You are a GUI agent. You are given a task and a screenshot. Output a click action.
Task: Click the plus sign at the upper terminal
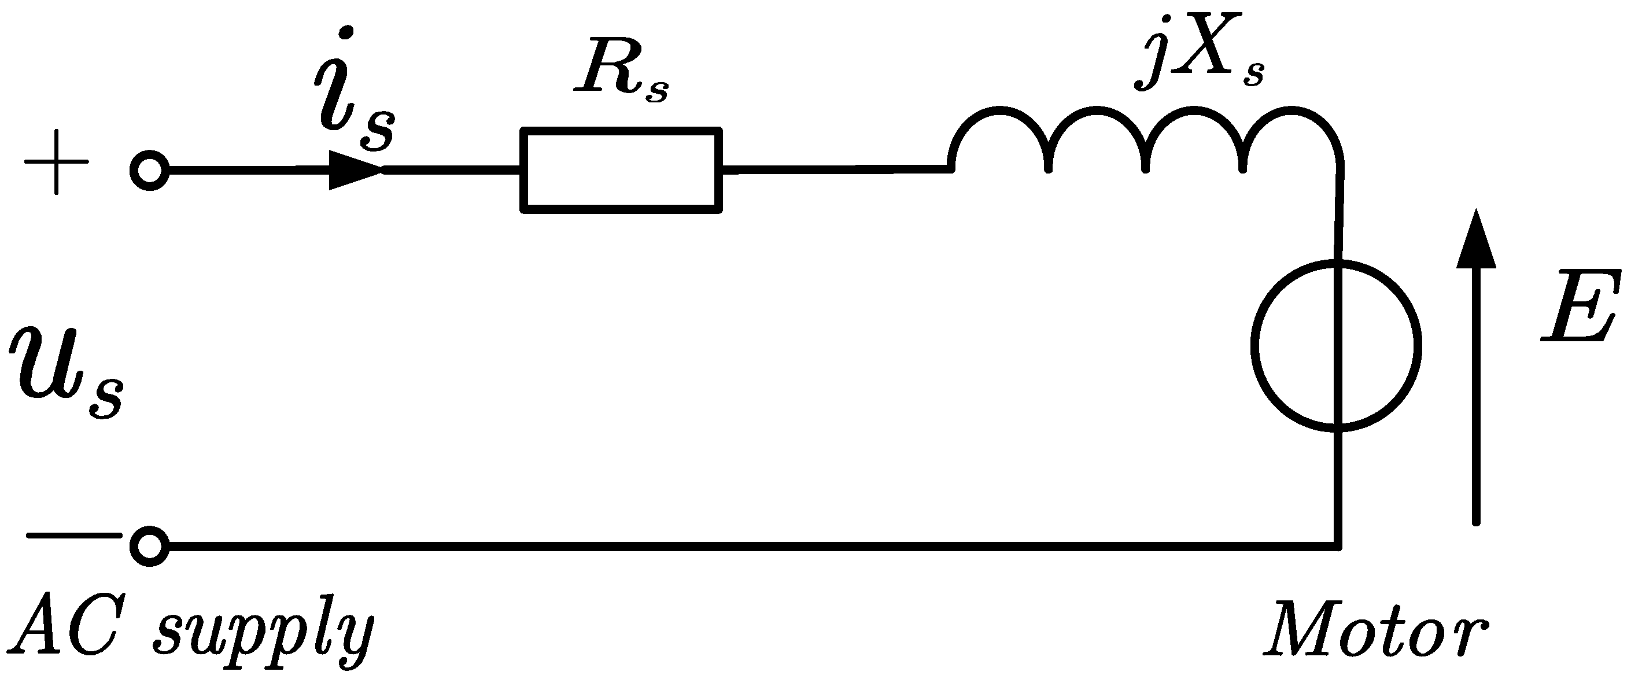[56, 162]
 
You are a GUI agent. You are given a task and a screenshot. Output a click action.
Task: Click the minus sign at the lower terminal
[74, 535]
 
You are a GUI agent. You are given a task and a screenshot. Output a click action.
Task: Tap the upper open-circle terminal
[149, 171]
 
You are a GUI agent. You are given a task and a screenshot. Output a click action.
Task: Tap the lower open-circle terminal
[149, 546]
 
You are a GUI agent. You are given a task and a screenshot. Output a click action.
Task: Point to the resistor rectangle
[621, 170]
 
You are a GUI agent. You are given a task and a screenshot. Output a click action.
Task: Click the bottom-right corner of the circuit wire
[1338, 546]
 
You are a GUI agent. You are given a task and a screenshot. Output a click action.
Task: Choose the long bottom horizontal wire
[747, 546]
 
